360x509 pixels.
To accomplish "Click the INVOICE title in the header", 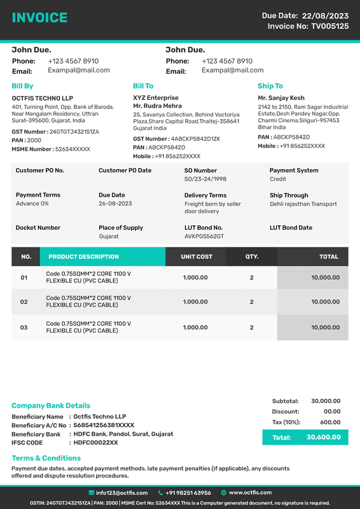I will (x=39, y=18).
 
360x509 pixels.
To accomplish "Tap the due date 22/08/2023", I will (x=325, y=15).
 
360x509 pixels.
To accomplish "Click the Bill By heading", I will (x=22, y=86).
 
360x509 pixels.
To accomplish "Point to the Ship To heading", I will (x=270, y=86).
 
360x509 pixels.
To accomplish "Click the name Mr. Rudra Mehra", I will (x=157, y=106).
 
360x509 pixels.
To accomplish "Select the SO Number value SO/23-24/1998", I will (x=205, y=179).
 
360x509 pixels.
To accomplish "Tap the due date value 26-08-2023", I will (x=115, y=204).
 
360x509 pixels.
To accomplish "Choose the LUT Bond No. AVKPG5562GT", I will (x=204, y=236).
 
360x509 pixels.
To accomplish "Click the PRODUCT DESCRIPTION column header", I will (x=83, y=256).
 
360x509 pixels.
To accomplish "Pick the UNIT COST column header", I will (x=197, y=256).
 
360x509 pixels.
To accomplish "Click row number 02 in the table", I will (x=24, y=302).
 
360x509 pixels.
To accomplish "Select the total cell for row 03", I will (x=324, y=328).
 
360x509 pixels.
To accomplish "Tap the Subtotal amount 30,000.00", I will (x=326, y=401).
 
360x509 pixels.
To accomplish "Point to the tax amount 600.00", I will (x=330, y=422).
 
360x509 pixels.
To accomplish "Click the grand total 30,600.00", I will (x=323, y=437).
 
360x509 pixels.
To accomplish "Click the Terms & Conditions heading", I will (x=46, y=458).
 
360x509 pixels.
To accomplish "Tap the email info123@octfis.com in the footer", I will (x=121, y=492).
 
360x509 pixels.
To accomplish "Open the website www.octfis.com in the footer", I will (x=250, y=492).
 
